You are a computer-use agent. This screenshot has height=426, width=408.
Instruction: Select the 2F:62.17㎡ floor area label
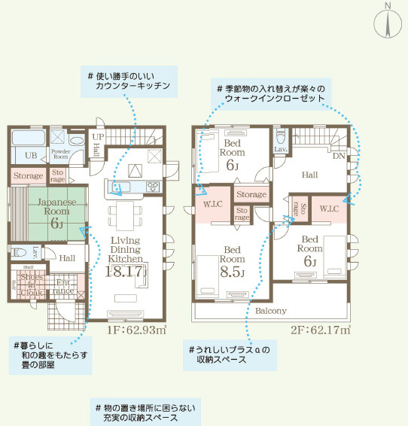point(320,330)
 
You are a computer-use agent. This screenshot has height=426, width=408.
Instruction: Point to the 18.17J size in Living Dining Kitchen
point(125,271)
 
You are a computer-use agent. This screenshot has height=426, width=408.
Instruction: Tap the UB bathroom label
point(32,154)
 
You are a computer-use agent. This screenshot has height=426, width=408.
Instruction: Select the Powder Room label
point(61,154)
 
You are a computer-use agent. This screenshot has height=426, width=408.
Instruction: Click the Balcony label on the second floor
point(270,310)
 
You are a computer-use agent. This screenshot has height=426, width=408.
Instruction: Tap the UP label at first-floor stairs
point(97,136)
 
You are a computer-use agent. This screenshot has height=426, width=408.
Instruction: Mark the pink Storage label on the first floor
point(29,176)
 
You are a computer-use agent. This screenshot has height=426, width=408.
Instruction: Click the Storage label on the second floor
point(251,195)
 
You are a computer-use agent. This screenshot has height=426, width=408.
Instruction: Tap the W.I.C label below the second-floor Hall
point(329,208)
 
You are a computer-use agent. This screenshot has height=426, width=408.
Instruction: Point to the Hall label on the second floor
point(310,175)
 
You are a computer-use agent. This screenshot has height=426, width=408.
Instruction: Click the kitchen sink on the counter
point(120,187)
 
